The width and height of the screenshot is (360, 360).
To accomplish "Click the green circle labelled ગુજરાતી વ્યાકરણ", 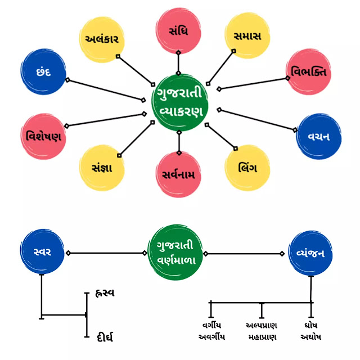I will (x=179, y=102).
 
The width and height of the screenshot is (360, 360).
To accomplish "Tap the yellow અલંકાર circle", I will (x=102, y=39).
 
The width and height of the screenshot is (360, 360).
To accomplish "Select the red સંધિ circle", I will (x=179, y=31).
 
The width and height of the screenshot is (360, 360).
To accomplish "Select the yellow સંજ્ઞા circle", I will (x=102, y=168).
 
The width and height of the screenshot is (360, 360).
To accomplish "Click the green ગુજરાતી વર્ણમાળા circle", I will (x=179, y=253).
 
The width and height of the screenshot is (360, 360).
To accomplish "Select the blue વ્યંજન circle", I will (x=310, y=253).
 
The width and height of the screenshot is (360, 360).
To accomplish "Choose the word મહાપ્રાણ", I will (x=262, y=337).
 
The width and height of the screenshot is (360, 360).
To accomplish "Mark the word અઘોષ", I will (x=310, y=337).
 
